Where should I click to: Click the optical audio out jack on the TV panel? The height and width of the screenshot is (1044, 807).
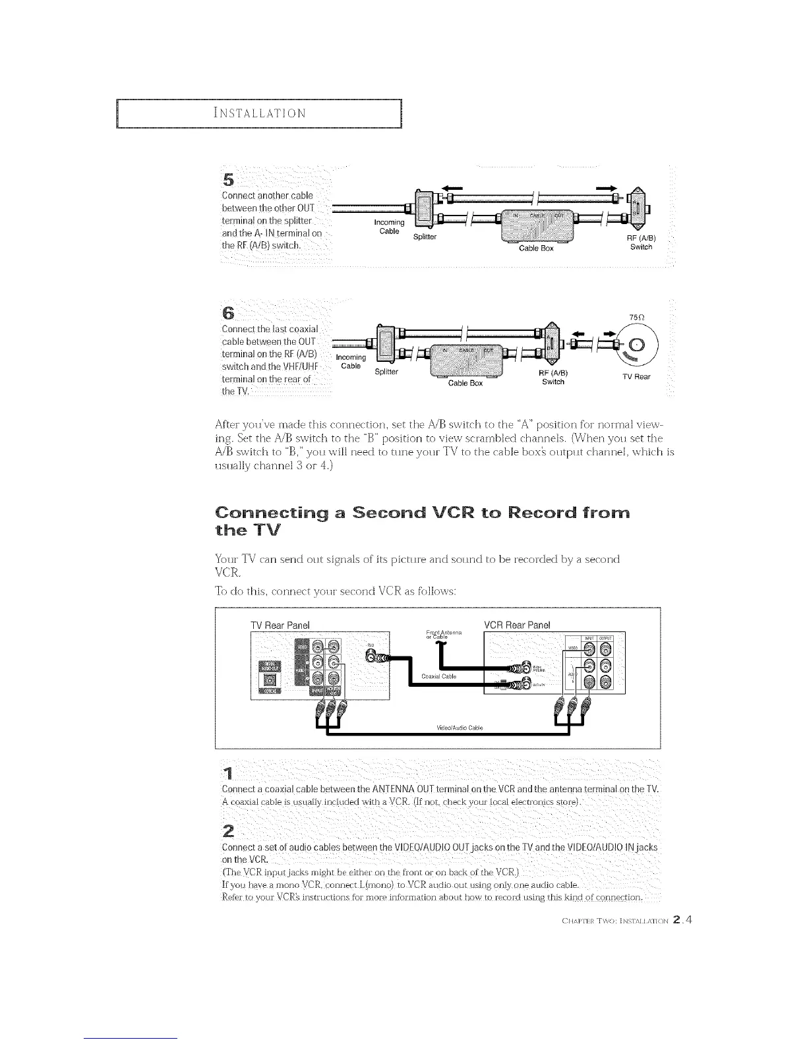tap(268, 689)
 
